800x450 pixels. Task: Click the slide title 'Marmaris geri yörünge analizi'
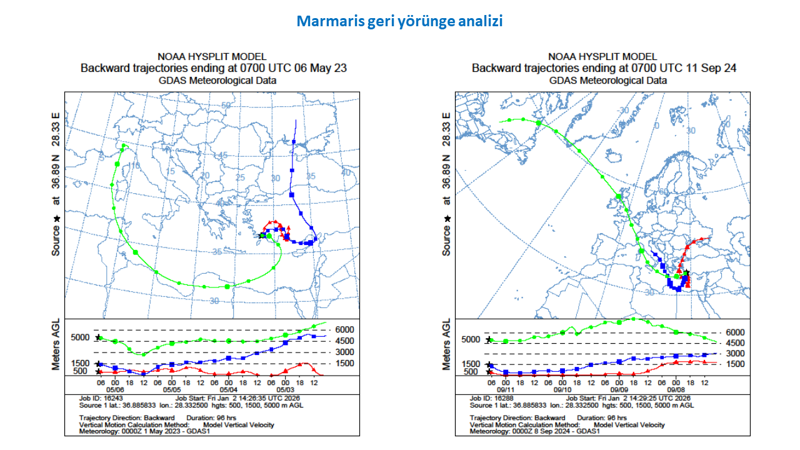(x=399, y=21)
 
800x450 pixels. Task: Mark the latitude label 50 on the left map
(x=226, y=105)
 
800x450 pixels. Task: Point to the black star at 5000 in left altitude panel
(x=98, y=337)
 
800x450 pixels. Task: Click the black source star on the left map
(x=262, y=235)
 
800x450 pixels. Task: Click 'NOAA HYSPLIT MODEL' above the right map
(x=602, y=57)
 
